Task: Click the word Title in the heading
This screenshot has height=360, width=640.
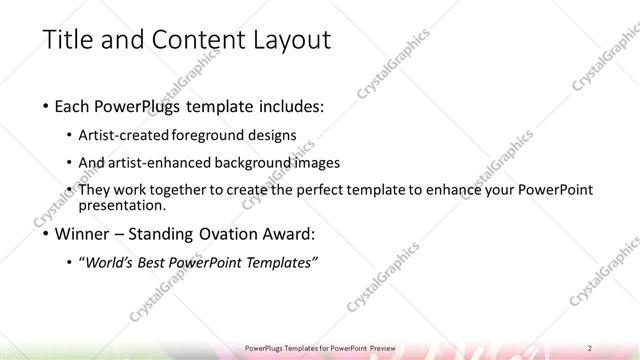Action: point(67,41)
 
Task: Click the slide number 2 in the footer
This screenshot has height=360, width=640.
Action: point(591,348)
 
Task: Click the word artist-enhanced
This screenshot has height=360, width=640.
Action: point(163,162)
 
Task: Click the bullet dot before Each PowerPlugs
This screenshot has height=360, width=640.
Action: point(47,105)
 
